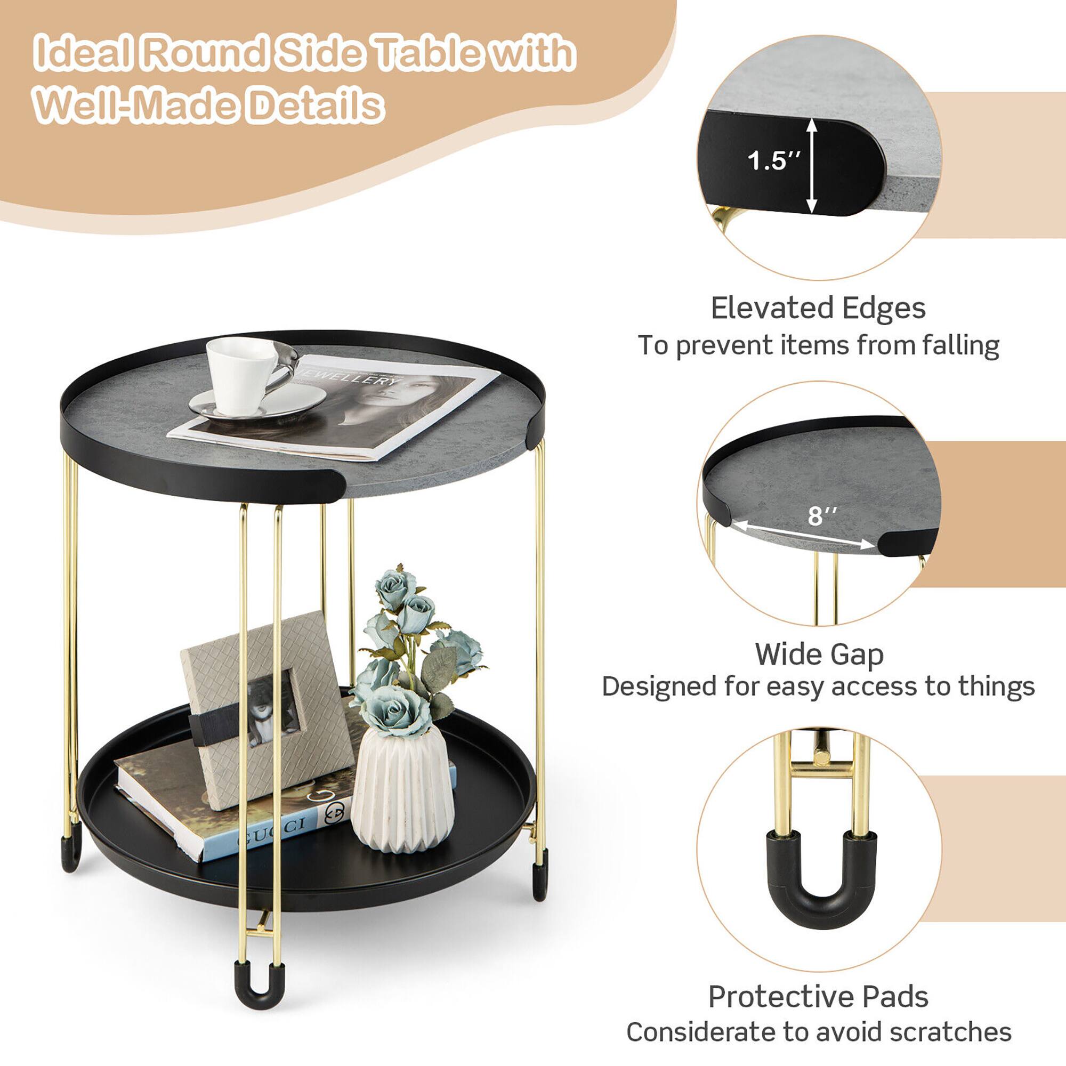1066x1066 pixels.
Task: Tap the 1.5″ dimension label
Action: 773,160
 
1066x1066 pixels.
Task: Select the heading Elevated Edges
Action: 818,308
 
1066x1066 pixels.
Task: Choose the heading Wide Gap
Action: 819,654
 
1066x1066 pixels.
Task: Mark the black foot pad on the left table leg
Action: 71,852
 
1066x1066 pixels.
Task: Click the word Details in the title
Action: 315,105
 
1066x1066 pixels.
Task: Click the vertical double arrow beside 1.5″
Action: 811,166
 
